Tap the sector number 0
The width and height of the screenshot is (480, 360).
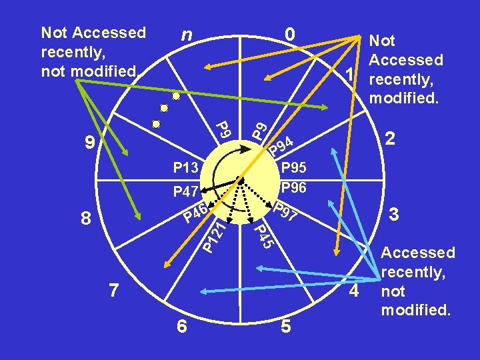[289, 34]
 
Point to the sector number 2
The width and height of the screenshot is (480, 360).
[392, 138]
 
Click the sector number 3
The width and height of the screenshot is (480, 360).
[395, 215]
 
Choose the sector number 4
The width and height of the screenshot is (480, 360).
[354, 291]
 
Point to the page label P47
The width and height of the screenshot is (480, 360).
[185, 193]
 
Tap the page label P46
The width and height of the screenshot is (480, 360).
[197, 215]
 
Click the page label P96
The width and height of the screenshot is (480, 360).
[293, 188]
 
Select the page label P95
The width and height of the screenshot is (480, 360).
[293, 167]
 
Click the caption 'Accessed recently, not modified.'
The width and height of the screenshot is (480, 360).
[417, 281]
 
